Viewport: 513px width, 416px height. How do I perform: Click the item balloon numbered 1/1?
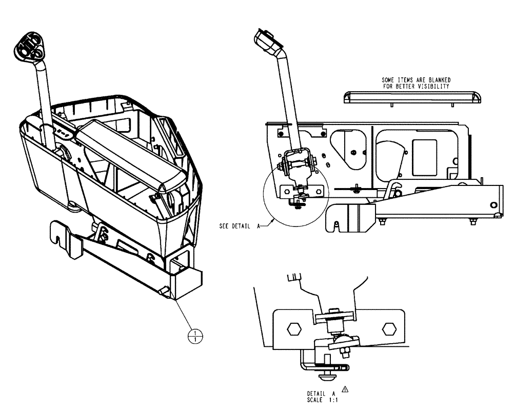tap(195, 336)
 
